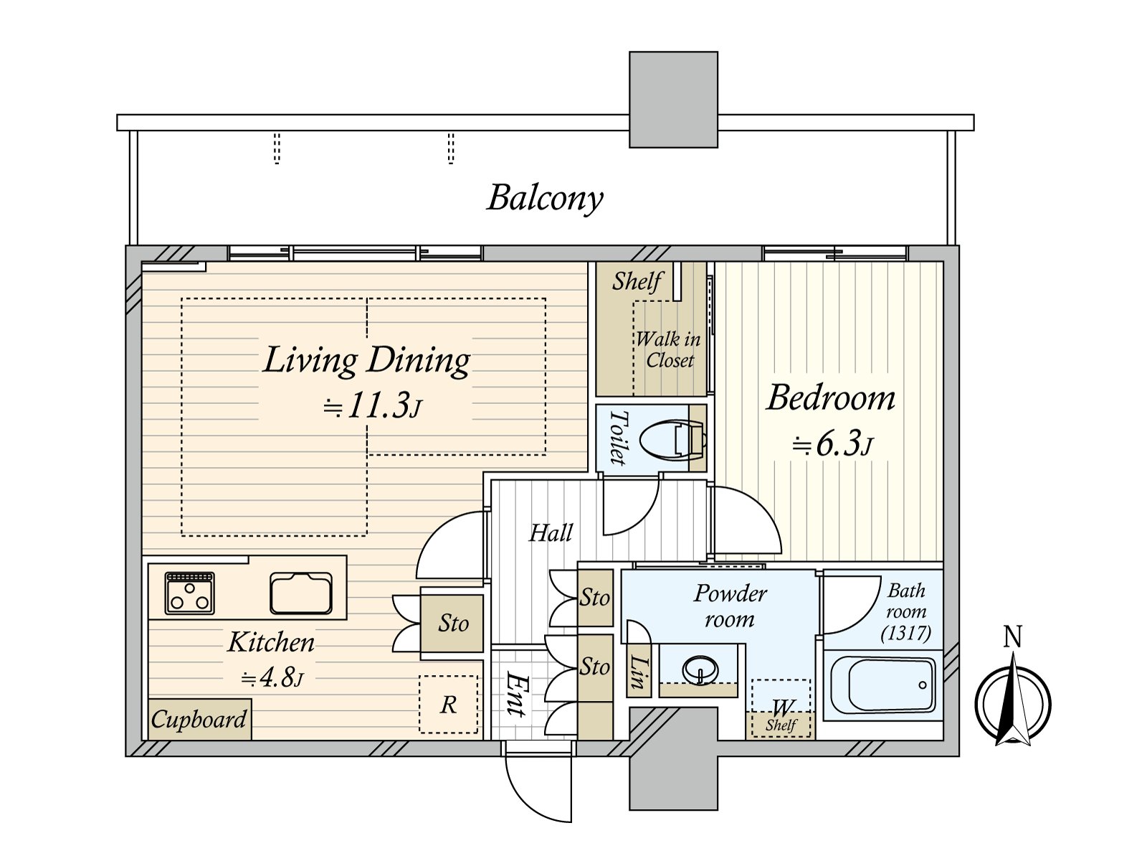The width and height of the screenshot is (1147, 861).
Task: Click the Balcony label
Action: [x=545, y=199]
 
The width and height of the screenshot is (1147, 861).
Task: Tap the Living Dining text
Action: [x=366, y=360]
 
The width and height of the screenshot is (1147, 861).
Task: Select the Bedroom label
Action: [x=830, y=397]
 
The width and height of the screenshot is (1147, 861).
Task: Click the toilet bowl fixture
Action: [x=673, y=438]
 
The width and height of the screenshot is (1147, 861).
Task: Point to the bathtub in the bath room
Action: [x=882, y=683]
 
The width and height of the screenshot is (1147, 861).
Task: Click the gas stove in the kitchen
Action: [x=189, y=593]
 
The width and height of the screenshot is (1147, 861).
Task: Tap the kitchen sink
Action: [x=301, y=593]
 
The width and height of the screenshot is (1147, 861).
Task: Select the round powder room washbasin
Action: [x=700, y=669]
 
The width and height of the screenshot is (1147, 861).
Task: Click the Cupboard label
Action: [x=199, y=720]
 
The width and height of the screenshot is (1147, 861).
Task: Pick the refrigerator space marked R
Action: [x=448, y=704]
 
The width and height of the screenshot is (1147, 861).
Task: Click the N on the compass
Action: [x=1012, y=637]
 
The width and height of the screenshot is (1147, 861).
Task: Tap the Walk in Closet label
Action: [x=668, y=349]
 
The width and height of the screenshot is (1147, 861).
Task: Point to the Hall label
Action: [x=551, y=532]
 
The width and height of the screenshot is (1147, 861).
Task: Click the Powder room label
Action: [x=730, y=606]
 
